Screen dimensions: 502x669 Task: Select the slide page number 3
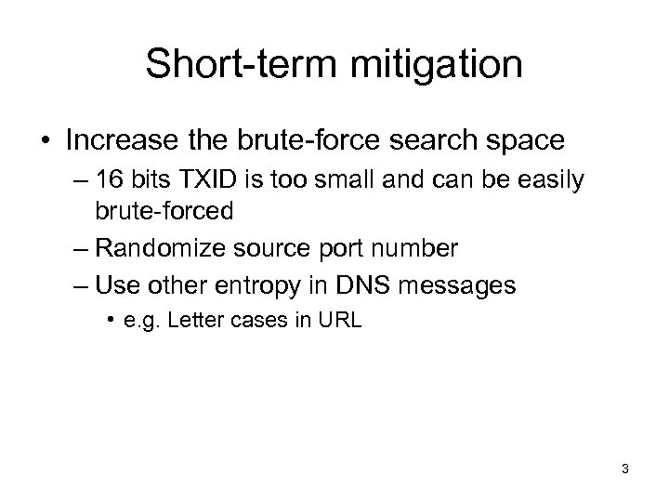(625, 469)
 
